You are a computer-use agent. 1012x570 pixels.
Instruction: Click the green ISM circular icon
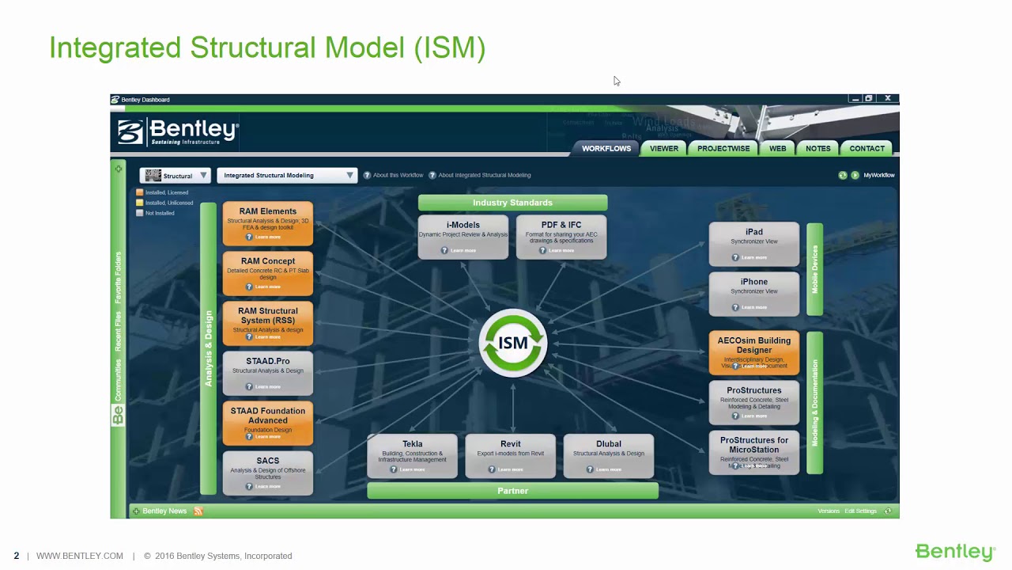(x=513, y=343)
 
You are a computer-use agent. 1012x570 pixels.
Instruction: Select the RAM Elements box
(x=268, y=223)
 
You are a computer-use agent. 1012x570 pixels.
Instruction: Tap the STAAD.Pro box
(x=268, y=373)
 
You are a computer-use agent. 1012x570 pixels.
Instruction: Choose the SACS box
(x=268, y=473)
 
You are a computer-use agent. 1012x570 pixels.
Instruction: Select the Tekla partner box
(x=412, y=456)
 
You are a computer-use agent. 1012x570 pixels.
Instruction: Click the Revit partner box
(x=511, y=456)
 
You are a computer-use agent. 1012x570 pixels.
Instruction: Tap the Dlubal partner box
(x=609, y=456)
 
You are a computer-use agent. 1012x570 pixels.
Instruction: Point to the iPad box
(x=754, y=244)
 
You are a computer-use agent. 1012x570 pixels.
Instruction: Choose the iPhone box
(x=754, y=294)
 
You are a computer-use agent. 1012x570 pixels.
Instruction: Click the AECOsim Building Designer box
(x=754, y=352)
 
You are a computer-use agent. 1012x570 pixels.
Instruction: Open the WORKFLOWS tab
(x=606, y=148)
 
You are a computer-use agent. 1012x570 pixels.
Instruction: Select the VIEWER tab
(x=664, y=148)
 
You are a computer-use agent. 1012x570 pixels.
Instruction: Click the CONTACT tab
(x=867, y=148)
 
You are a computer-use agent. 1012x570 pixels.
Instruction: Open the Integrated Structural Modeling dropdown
(x=287, y=176)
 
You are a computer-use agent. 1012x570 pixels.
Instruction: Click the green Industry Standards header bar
(x=512, y=203)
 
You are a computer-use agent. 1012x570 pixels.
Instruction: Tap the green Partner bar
(x=512, y=491)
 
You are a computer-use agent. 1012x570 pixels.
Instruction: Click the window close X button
(x=888, y=99)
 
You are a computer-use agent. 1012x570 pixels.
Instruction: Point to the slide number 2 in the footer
(x=17, y=556)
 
